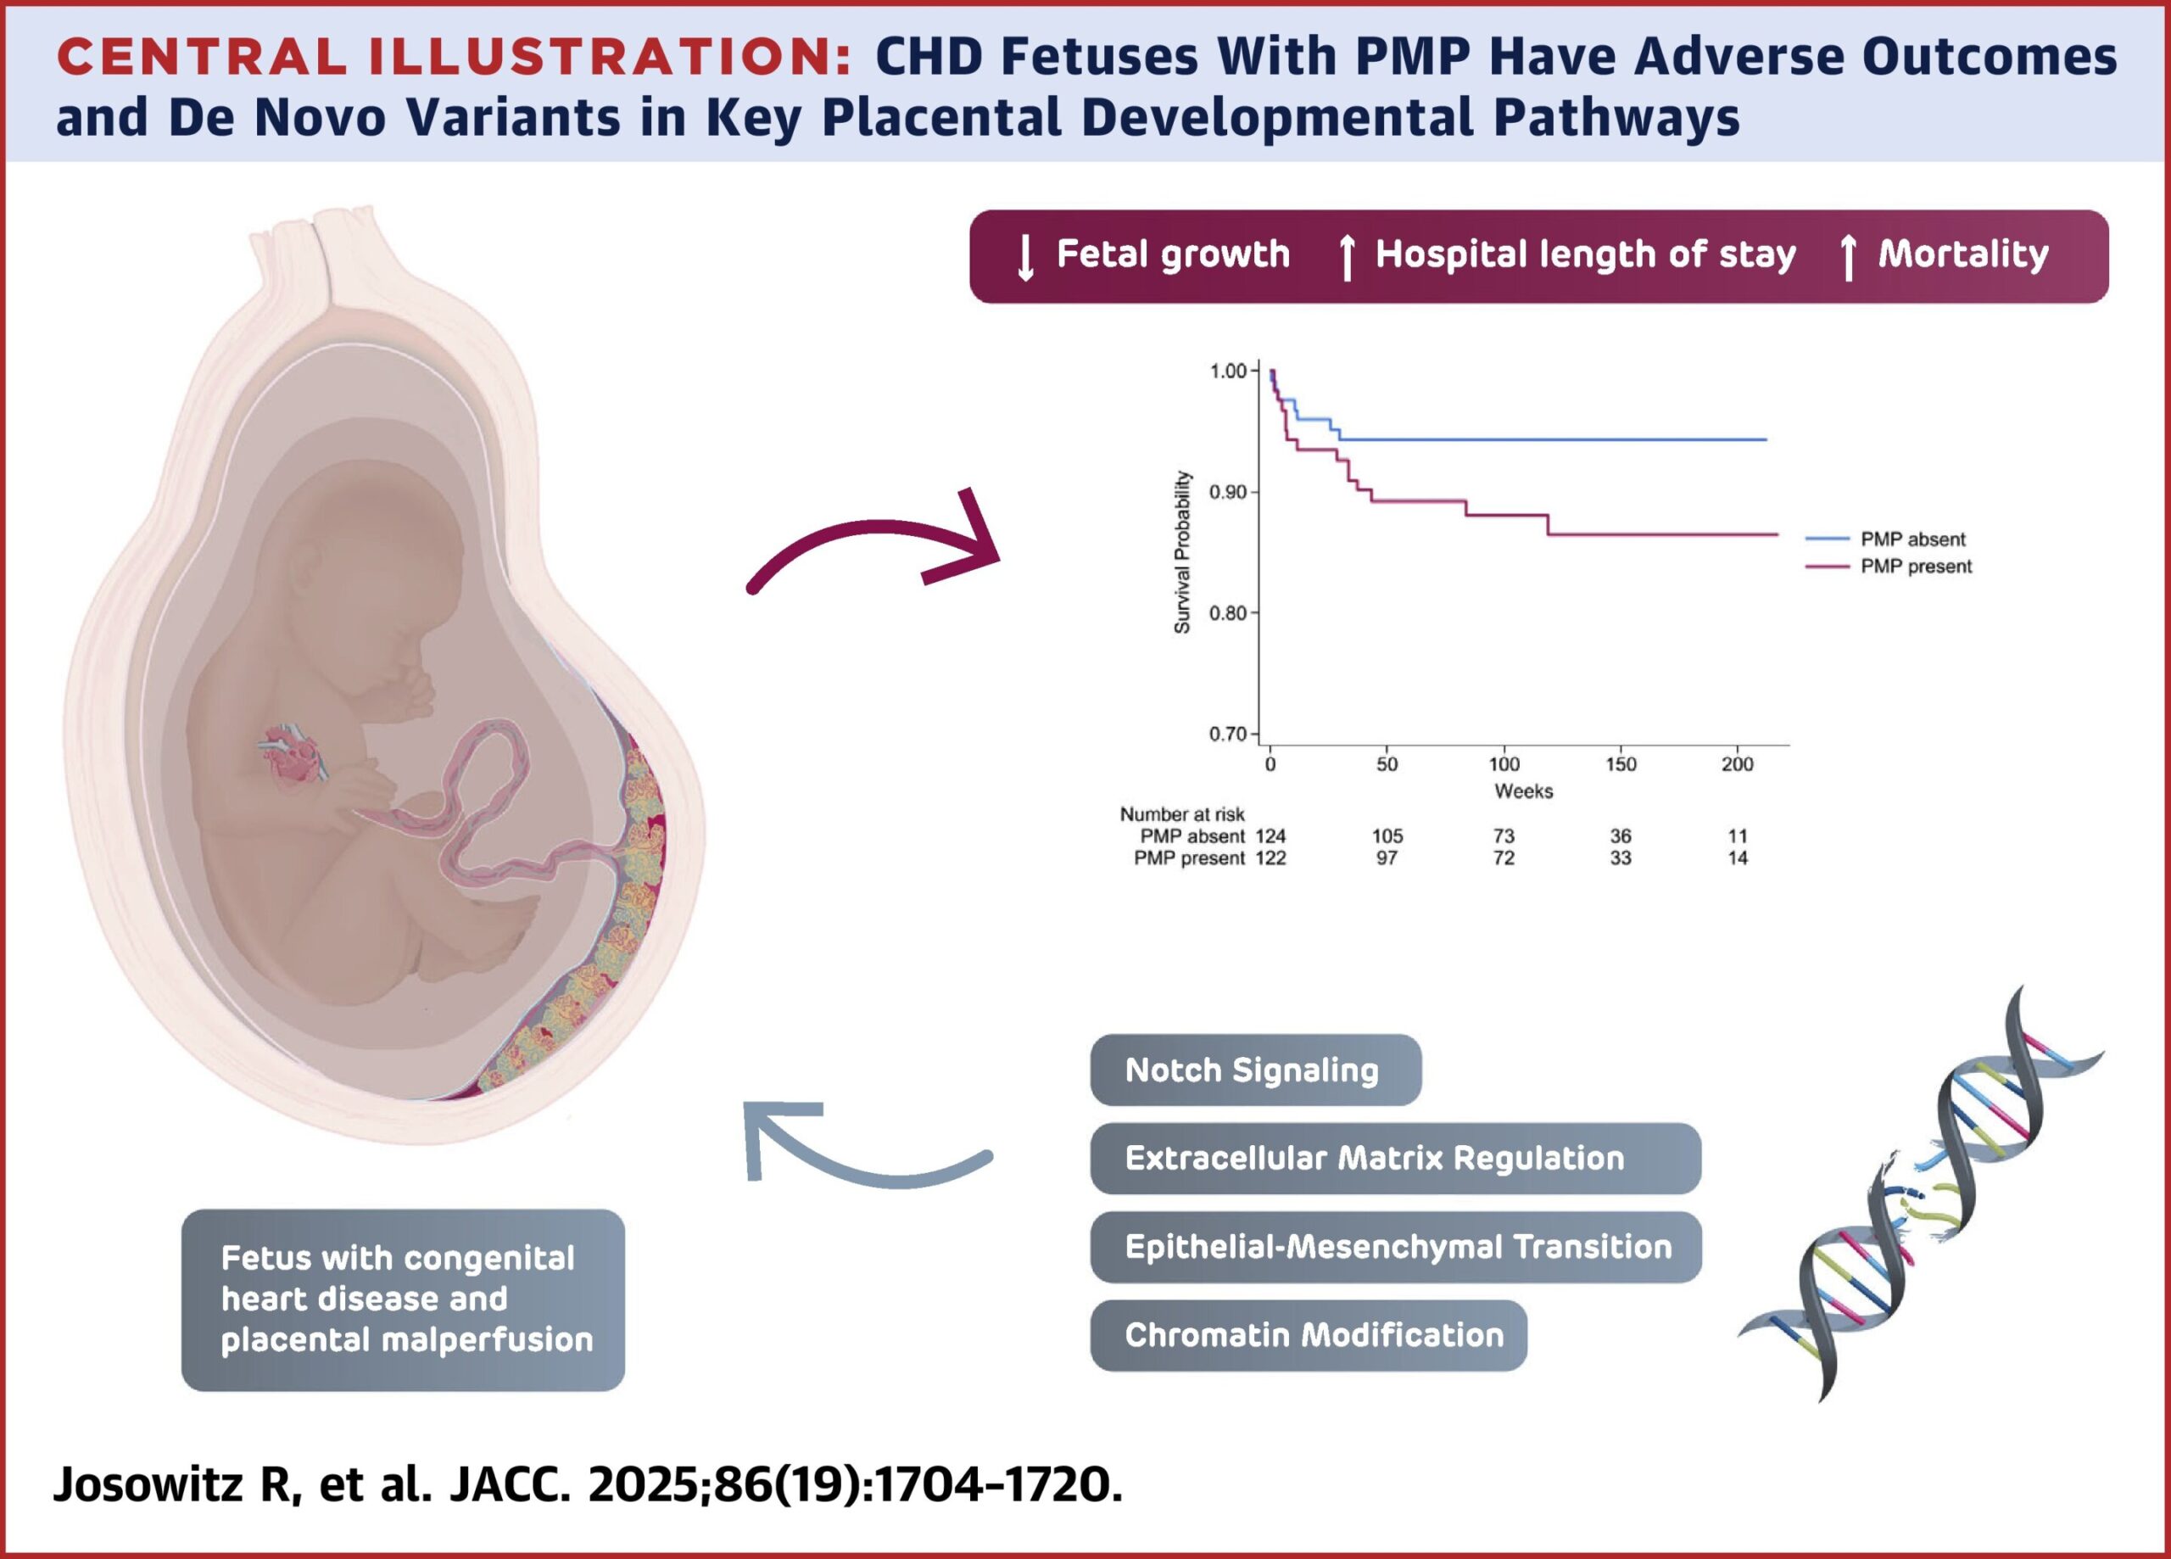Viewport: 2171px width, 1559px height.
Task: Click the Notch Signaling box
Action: pos(1255,1070)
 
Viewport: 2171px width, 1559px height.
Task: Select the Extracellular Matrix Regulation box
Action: pos(1395,1159)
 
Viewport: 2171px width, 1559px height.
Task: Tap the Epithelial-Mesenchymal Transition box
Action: pos(1395,1247)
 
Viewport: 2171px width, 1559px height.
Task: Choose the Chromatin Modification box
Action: pos(1308,1335)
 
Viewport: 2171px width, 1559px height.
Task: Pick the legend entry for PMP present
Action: pos(1889,566)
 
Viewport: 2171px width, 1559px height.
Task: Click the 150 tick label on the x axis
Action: pos(1621,764)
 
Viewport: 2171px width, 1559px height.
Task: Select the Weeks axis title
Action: pos(1523,791)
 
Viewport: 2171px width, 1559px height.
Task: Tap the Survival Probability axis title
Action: pos(1182,551)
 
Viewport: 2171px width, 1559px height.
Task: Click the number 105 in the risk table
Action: pos(1387,836)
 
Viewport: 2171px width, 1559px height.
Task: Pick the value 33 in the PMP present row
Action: pos(1621,858)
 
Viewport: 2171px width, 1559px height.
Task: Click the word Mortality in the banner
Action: pos(1963,254)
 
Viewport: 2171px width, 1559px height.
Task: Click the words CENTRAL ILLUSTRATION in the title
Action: pos(454,58)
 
